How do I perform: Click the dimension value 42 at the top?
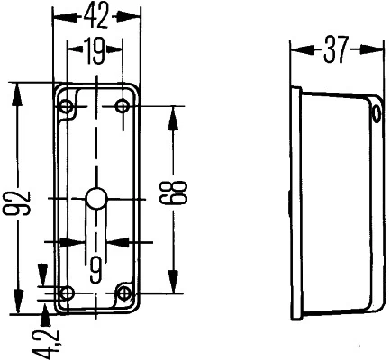point(97,15)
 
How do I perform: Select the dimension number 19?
point(94,52)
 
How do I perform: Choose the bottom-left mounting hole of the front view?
point(65,292)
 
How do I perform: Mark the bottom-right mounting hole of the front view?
point(124,292)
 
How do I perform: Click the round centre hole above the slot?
point(95,199)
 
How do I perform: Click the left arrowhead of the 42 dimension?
point(59,16)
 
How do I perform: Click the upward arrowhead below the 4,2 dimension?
point(45,311)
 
